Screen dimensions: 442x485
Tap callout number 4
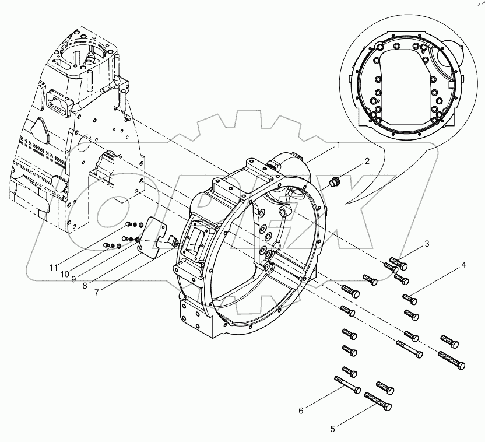coord(463,266)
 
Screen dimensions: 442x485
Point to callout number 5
coord(333,429)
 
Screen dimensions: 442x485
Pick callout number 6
coord(301,411)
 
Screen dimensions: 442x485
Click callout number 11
coord(54,268)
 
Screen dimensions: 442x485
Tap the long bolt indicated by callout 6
coord(347,385)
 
